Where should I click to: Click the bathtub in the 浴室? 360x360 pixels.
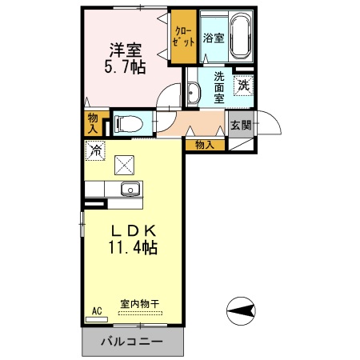240,38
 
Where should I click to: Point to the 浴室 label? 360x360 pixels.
213,38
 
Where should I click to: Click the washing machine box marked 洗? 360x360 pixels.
242,84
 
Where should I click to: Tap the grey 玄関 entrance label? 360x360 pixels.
241,125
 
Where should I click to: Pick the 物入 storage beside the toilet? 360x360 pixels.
93,122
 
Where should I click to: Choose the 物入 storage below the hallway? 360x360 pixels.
205,145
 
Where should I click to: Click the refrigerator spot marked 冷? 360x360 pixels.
96,149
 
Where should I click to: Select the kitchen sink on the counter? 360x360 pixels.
130,190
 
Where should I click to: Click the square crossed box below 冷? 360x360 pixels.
125,165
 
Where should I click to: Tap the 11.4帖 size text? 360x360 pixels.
132,248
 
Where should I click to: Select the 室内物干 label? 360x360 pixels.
140,304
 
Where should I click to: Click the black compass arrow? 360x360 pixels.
241,309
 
